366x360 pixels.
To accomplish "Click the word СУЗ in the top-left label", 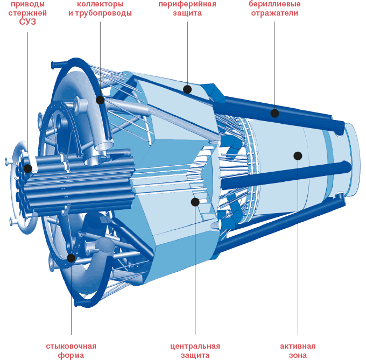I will pyautogui.click(x=28, y=22).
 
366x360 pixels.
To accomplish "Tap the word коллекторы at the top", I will pyautogui.click(x=100, y=4).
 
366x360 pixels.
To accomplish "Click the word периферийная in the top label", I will pyautogui.click(x=187, y=4).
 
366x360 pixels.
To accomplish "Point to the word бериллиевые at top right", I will pyautogui.click(x=275, y=4).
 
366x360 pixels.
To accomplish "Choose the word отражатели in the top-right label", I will pyautogui.click(x=275, y=13).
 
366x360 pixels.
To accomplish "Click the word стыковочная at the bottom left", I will pyautogui.click(x=71, y=346).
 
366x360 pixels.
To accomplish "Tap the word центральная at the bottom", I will pyautogui.click(x=195, y=346).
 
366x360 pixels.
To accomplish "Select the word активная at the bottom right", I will pyautogui.click(x=298, y=346).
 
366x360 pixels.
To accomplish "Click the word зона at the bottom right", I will pyautogui.click(x=298, y=355).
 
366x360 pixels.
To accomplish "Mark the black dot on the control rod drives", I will pyautogui.click(x=27, y=168).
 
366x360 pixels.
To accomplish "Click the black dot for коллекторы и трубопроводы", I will pyautogui.click(x=100, y=100).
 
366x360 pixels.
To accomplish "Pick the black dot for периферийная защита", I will pyautogui.click(x=187, y=89).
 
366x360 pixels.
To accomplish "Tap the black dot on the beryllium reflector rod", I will pyautogui.click(x=275, y=113).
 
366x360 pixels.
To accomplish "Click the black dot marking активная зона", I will pyautogui.click(x=298, y=156).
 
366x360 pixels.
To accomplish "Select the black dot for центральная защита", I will pyautogui.click(x=195, y=202).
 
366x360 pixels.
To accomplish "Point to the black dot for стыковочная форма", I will pyautogui.click(x=71, y=258).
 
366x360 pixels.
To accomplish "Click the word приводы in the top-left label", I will pyautogui.click(x=28, y=4).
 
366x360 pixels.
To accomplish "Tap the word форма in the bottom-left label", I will pyautogui.click(x=71, y=355).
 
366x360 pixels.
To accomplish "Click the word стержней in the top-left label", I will pyautogui.click(x=28, y=13).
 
